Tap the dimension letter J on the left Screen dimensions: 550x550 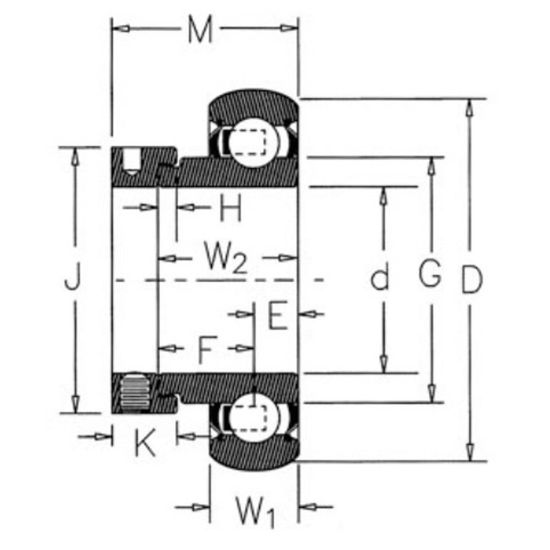(x=73, y=277)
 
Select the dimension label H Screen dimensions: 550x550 (x=230, y=208)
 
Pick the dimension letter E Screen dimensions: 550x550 (x=278, y=315)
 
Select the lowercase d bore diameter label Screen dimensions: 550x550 (x=380, y=278)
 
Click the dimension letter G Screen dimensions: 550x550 (x=430, y=273)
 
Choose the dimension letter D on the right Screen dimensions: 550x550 (x=472, y=279)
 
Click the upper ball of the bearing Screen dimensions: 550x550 (x=254, y=142)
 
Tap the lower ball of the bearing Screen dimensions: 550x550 (x=254, y=417)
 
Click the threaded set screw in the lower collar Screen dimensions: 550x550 (x=134, y=392)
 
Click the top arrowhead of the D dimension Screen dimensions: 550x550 (x=469, y=108)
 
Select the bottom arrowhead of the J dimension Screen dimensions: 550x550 (x=75, y=404)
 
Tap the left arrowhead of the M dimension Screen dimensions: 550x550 (x=120, y=29)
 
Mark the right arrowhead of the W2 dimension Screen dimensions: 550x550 (x=288, y=258)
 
